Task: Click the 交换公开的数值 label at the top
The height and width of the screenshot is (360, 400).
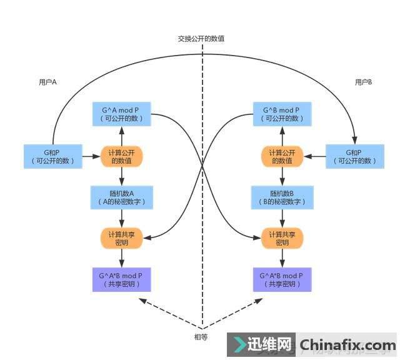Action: (201, 39)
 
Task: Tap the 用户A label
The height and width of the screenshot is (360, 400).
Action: (48, 82)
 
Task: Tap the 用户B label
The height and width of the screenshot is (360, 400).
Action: (363, 82)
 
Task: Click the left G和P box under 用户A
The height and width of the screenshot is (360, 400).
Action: (52, 156)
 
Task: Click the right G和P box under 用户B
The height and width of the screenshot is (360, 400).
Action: (353, 156)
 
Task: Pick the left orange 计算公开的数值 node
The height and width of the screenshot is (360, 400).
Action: (121, 156)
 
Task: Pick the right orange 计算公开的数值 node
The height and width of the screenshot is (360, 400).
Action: (282, 156)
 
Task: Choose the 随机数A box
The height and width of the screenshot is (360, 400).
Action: (121, 197)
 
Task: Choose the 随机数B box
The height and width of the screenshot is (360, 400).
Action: (282, 197)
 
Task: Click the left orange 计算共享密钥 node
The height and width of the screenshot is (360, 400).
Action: (121, 238)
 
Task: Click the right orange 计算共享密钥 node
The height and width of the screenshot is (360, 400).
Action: (282, 238)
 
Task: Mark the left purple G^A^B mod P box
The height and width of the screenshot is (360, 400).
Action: (121, 279)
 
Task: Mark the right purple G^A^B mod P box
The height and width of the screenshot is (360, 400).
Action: (282, 279)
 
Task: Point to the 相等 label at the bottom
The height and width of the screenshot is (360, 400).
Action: (201, 337)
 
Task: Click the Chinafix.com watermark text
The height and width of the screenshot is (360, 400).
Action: (347, 345)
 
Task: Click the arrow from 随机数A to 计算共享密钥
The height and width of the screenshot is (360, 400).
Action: (121, 217)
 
